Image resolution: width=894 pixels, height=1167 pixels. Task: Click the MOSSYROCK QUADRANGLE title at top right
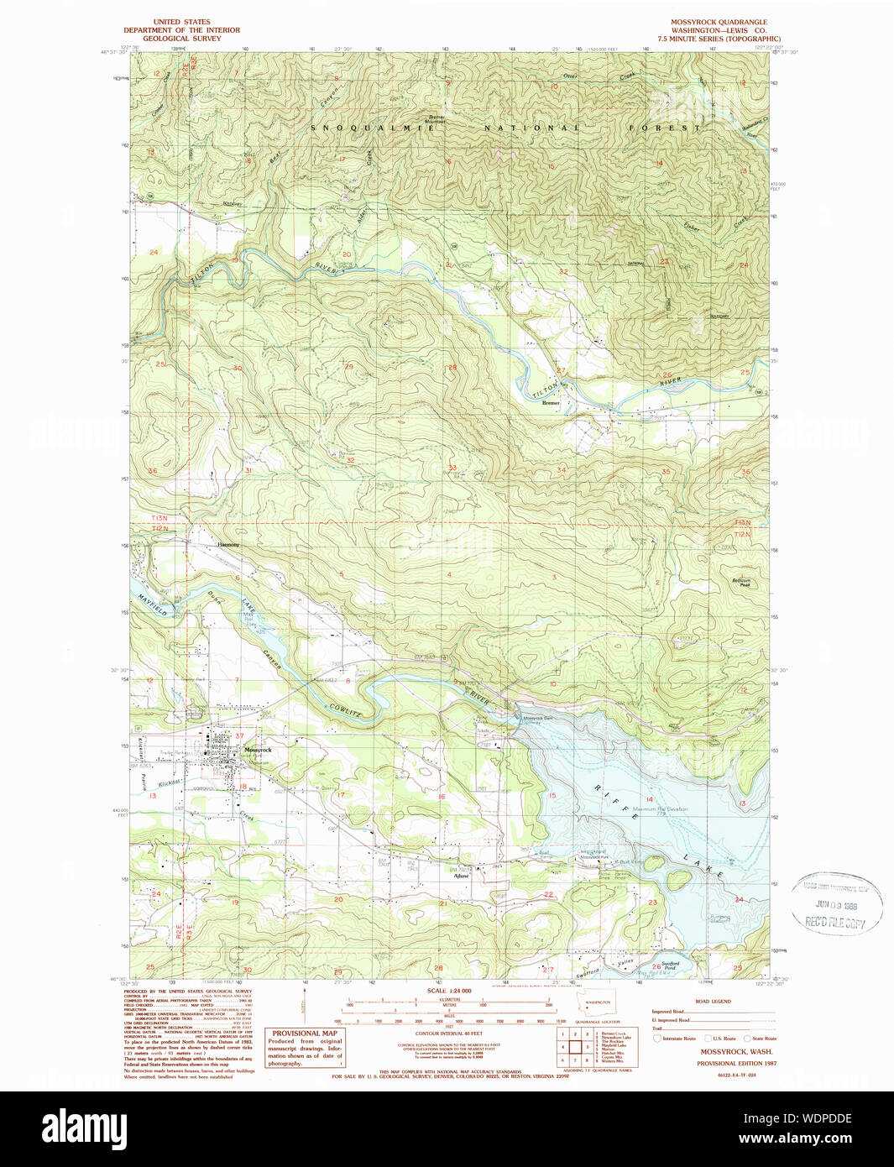pyautogui.click(x=718, y=22)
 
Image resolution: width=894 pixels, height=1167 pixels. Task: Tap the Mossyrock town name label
pyautogui.click(x=258, y=750)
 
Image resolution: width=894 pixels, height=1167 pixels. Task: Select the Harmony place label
pyautogui.click(x=228, y=545)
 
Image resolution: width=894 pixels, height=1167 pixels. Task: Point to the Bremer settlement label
pyautogui.click(x=551, y=403)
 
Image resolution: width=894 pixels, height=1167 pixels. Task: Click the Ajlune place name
pyautogui.click(x=461, y=877)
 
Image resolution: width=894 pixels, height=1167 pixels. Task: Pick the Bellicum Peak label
pyautogui.click(x=741, y=582)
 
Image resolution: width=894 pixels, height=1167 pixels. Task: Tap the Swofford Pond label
pyautogui.click(x=670, y=966)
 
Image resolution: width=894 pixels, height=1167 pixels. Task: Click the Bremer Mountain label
pyautogui.click(x=436, y=119)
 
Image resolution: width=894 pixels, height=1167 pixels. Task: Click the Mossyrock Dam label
pyautogui.click(x=538, y=718)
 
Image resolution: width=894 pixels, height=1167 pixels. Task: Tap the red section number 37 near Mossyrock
pyautogui.click(x=239, y=736)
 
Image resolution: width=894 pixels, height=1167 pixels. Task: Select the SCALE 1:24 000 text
pyautogui.click(x=449, y=991)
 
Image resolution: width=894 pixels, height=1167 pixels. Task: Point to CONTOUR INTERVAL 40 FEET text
pyautogui.click(x=449, y=1034)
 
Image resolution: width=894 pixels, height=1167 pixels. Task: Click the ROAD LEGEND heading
pyautogui.click(x=713, y=1001)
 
